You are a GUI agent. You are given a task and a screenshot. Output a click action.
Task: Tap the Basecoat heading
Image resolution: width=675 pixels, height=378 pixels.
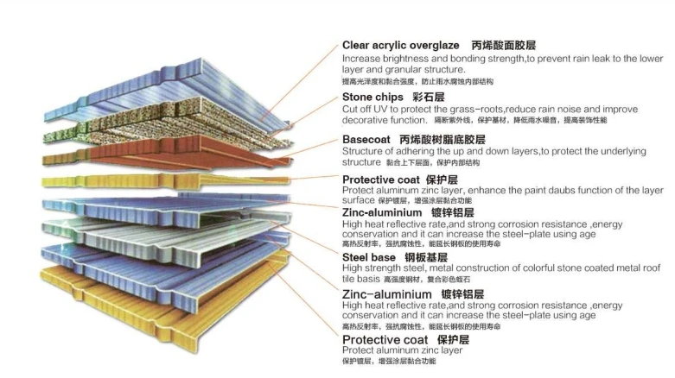pyautogui.click(x=368, y=139)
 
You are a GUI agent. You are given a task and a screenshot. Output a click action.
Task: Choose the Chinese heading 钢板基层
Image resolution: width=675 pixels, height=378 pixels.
pyautogui.click(x=425, y=257)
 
